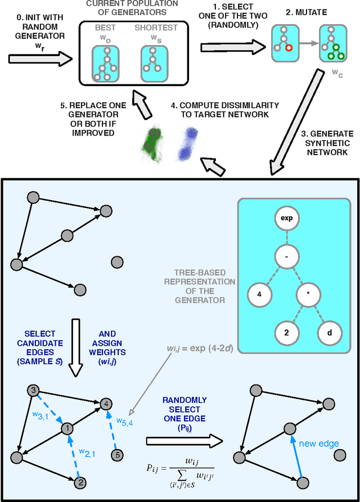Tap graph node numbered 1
pos(67,428)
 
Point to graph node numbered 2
pos(80,482)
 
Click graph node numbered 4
pos(105,403)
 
